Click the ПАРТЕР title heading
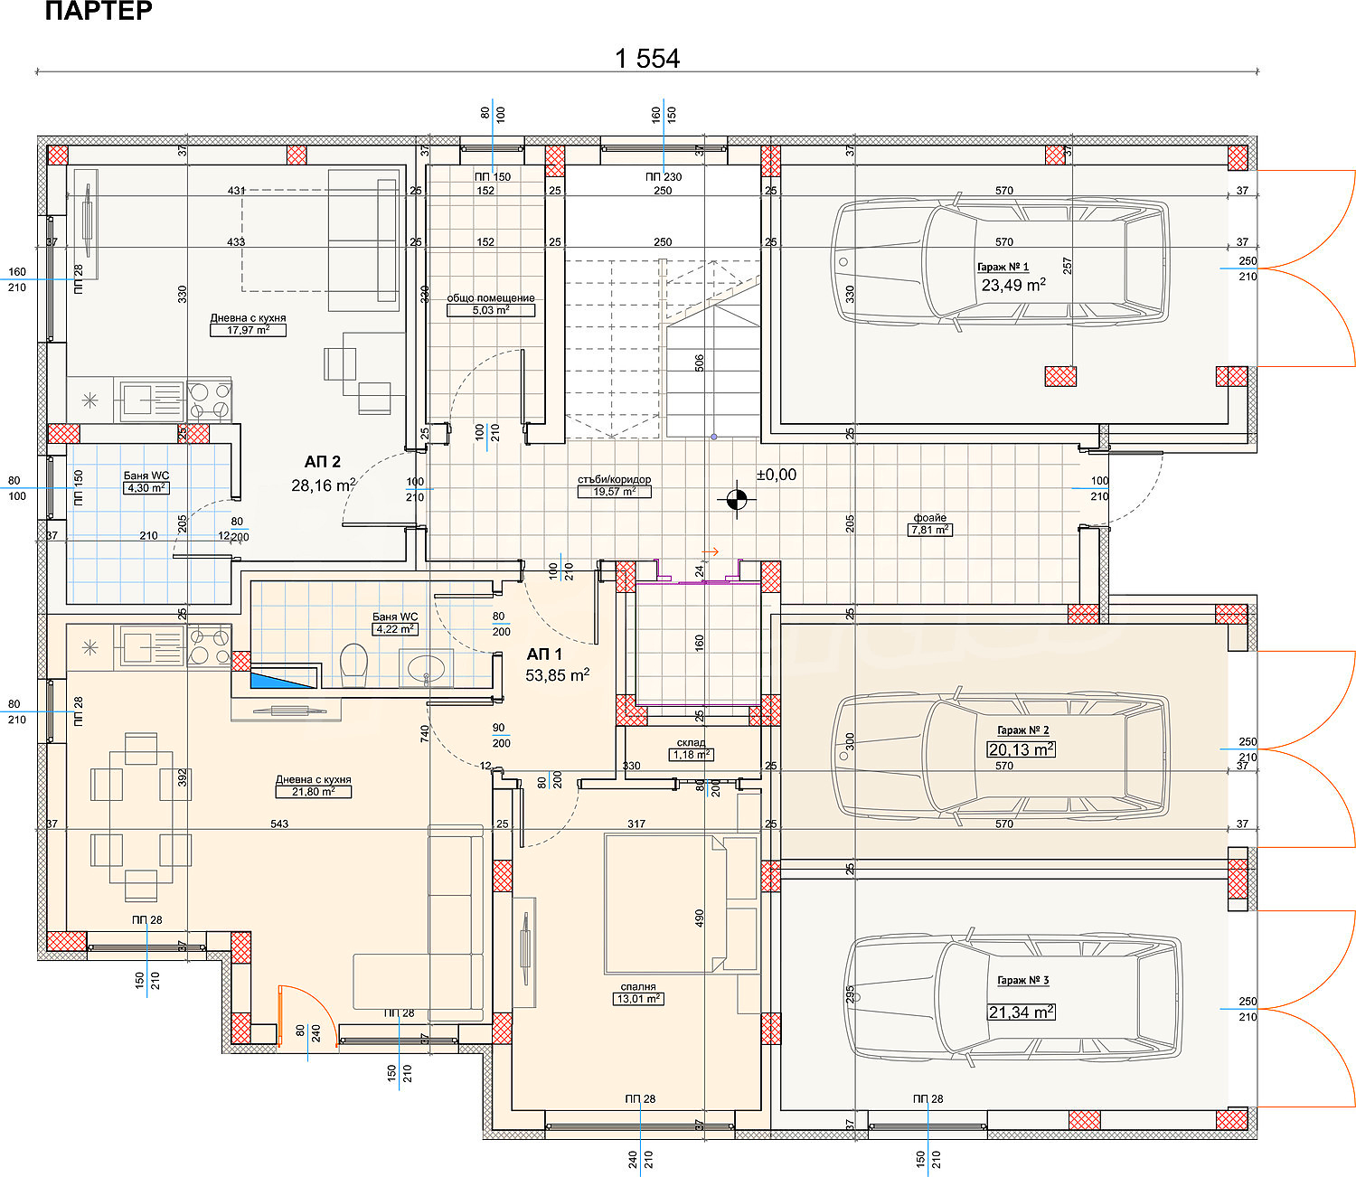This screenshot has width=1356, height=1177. coord(99,11)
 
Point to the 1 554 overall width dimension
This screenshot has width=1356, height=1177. coord(647,59)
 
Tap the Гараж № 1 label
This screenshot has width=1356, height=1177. coord(1003,267)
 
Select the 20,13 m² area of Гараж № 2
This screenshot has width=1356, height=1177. coord(1022,749)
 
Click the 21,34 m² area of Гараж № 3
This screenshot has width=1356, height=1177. coord(1022,1012)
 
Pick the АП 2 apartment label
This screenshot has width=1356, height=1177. coord(323,462)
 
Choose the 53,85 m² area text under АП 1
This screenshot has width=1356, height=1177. coord(558,674)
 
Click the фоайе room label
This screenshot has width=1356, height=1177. coord(930,518)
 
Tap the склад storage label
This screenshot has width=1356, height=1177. coord(691,743)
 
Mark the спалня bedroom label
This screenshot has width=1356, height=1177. coord(638,987)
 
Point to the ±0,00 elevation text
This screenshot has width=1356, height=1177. coord(777,475)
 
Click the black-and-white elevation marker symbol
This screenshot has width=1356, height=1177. coord(737,499)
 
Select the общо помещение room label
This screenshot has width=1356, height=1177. coord(491,298)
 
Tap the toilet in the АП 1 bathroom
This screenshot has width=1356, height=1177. coord(353,665)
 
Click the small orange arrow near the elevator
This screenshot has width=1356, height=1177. coord(710,552)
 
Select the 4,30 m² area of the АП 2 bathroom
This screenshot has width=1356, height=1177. coord(146,488)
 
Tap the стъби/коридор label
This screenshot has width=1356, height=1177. coord(615,479)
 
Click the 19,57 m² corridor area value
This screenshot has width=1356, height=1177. coord(615,492)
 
